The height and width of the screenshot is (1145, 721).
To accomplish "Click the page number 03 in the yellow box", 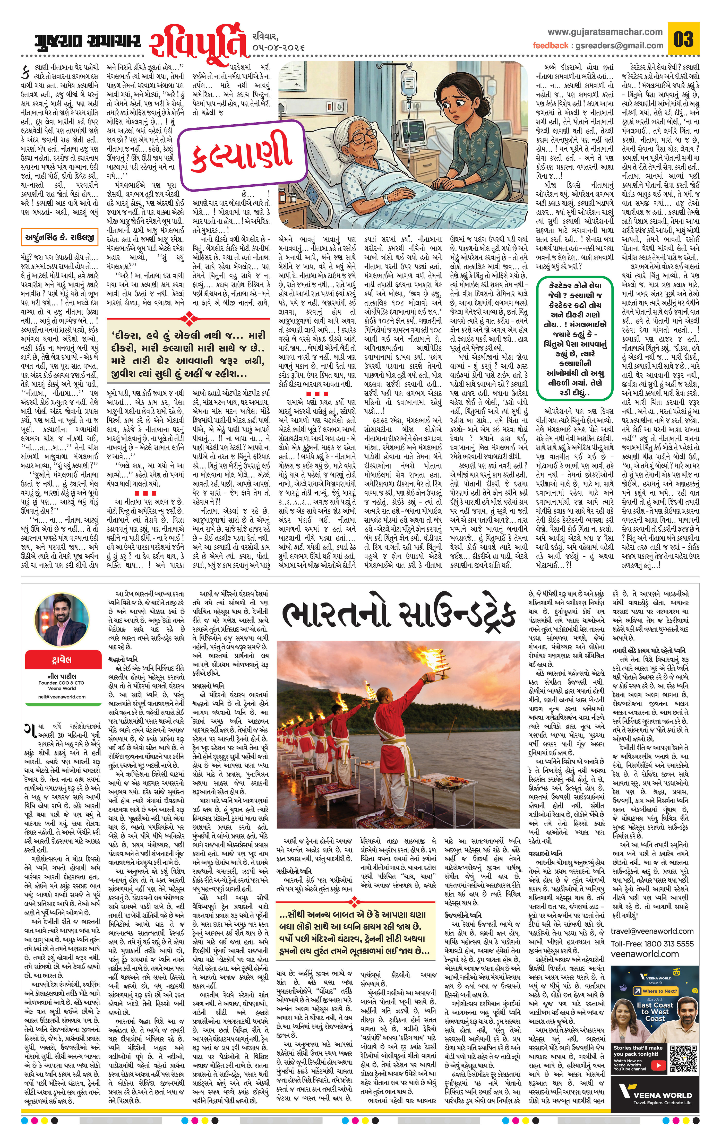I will tap(683, 39).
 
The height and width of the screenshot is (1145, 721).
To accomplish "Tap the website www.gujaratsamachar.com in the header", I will tap(605, 32).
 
